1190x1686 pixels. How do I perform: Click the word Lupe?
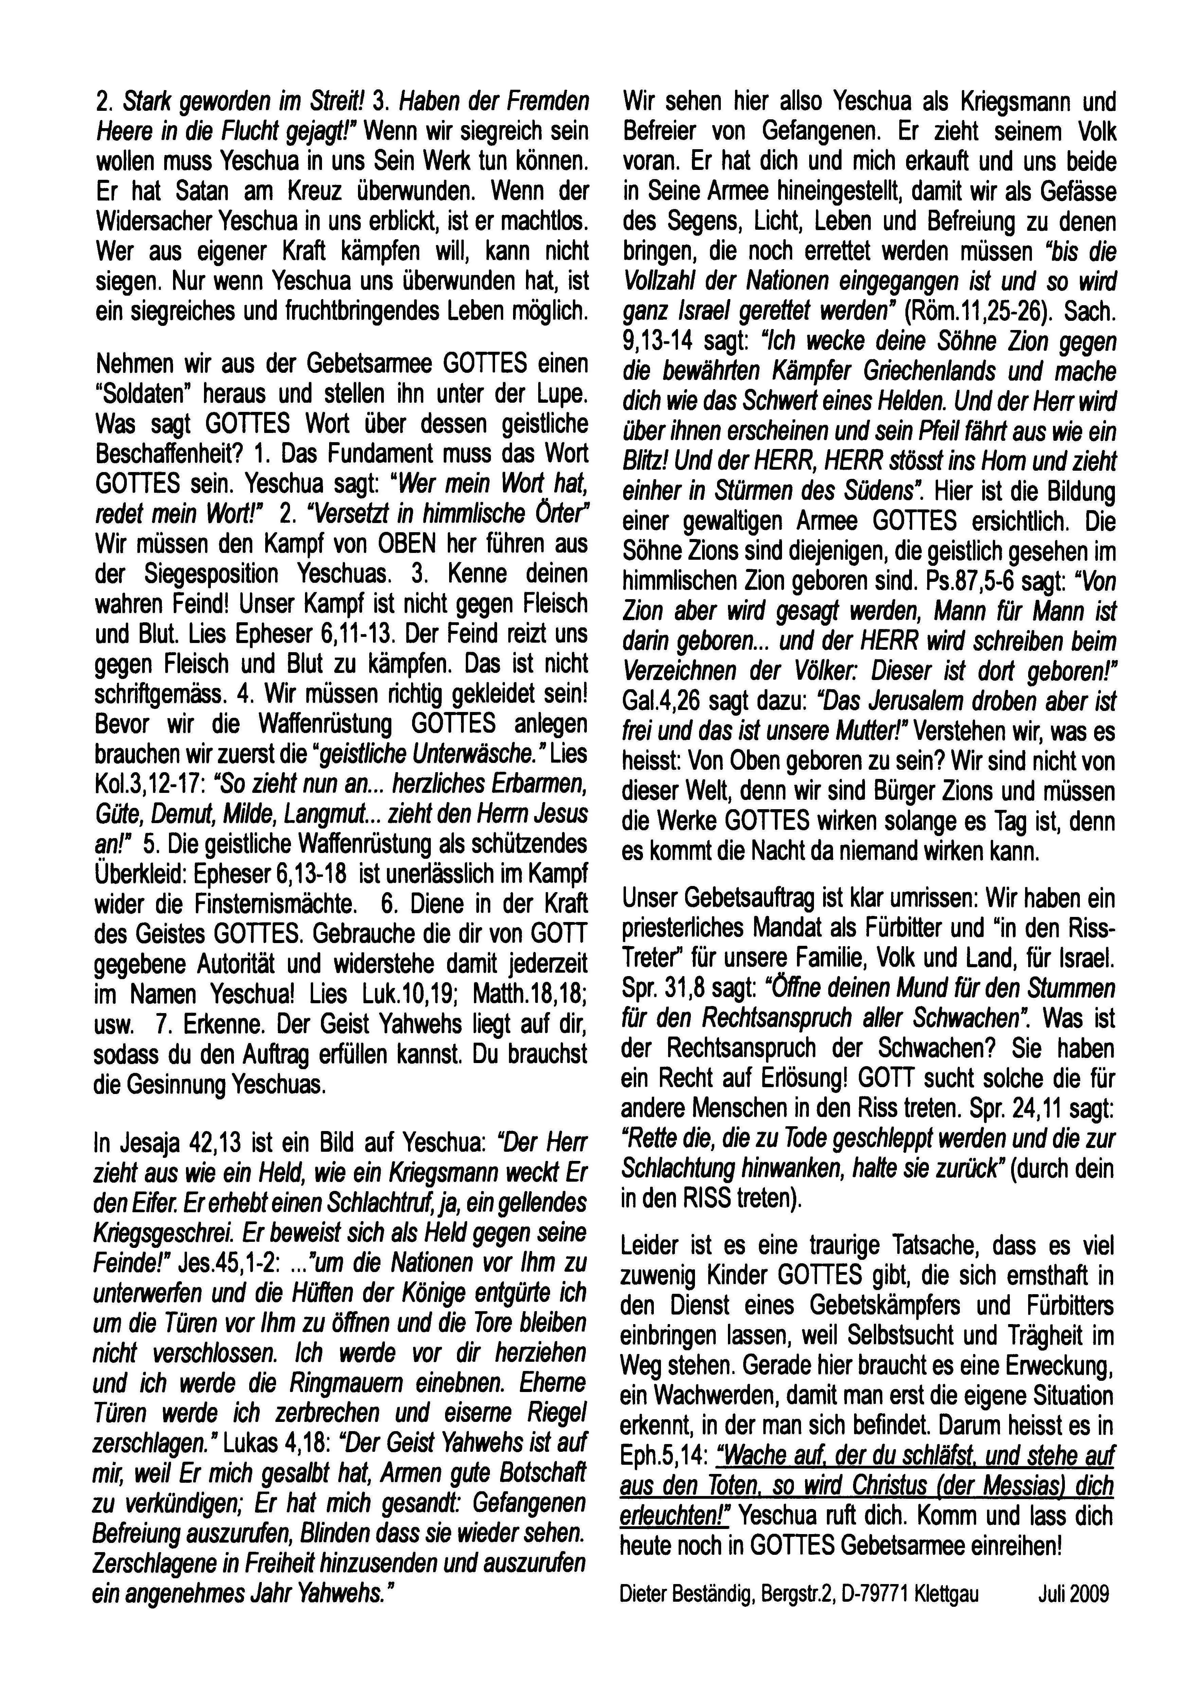point(562,394)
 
